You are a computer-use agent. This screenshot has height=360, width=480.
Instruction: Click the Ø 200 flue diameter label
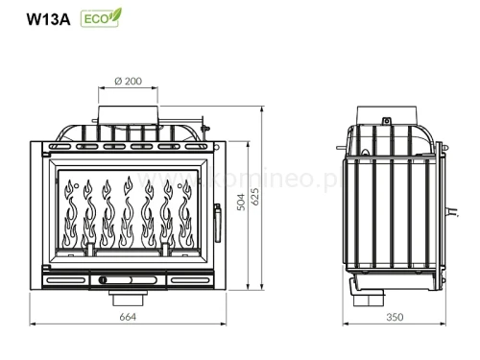[128, 82]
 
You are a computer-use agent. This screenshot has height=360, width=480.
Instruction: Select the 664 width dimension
[127, 317]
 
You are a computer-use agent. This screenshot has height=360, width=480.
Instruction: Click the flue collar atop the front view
[128, 112]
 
